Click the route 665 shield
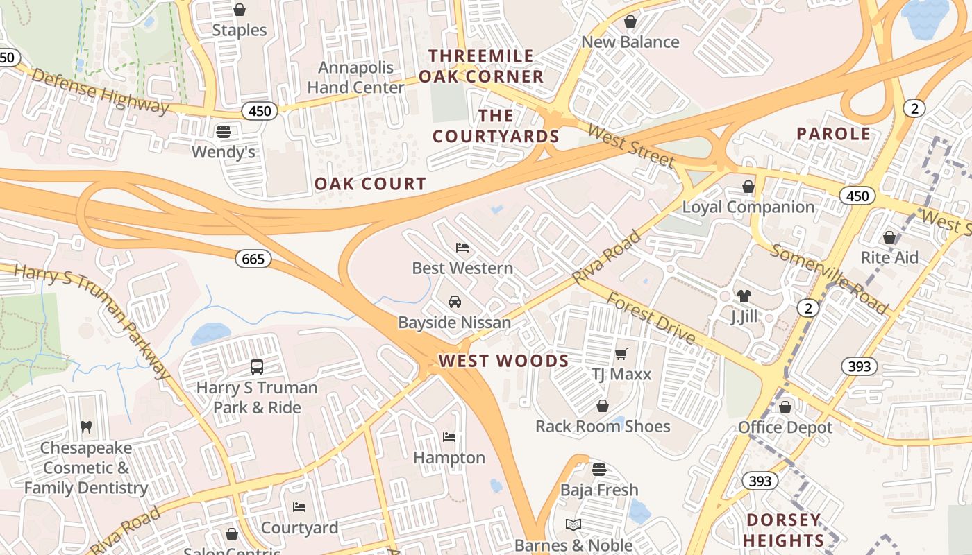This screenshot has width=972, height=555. [253, 259]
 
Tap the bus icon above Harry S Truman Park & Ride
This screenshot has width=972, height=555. [257, 366]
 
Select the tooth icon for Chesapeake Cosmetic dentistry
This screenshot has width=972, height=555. [86, 427]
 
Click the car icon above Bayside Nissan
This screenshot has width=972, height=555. [454, 301]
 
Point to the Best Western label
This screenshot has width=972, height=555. [462, 268]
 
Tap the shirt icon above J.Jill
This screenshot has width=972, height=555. [744, 296]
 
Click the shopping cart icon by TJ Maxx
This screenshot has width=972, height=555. [621, 354]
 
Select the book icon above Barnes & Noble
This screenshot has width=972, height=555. [573, 524]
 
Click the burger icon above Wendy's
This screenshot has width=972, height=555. [224, 130]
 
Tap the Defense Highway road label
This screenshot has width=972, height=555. [100, 91]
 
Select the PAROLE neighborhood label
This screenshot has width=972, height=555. [833, 134]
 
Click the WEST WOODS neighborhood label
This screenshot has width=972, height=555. [503, 361]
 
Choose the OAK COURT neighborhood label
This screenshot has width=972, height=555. [370, 184]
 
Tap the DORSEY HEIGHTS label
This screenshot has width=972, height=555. [784, 530]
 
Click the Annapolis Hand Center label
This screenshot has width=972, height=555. [355, 78]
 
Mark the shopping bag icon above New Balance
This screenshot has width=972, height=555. [630, 22]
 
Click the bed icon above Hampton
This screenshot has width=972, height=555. [449, 437]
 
